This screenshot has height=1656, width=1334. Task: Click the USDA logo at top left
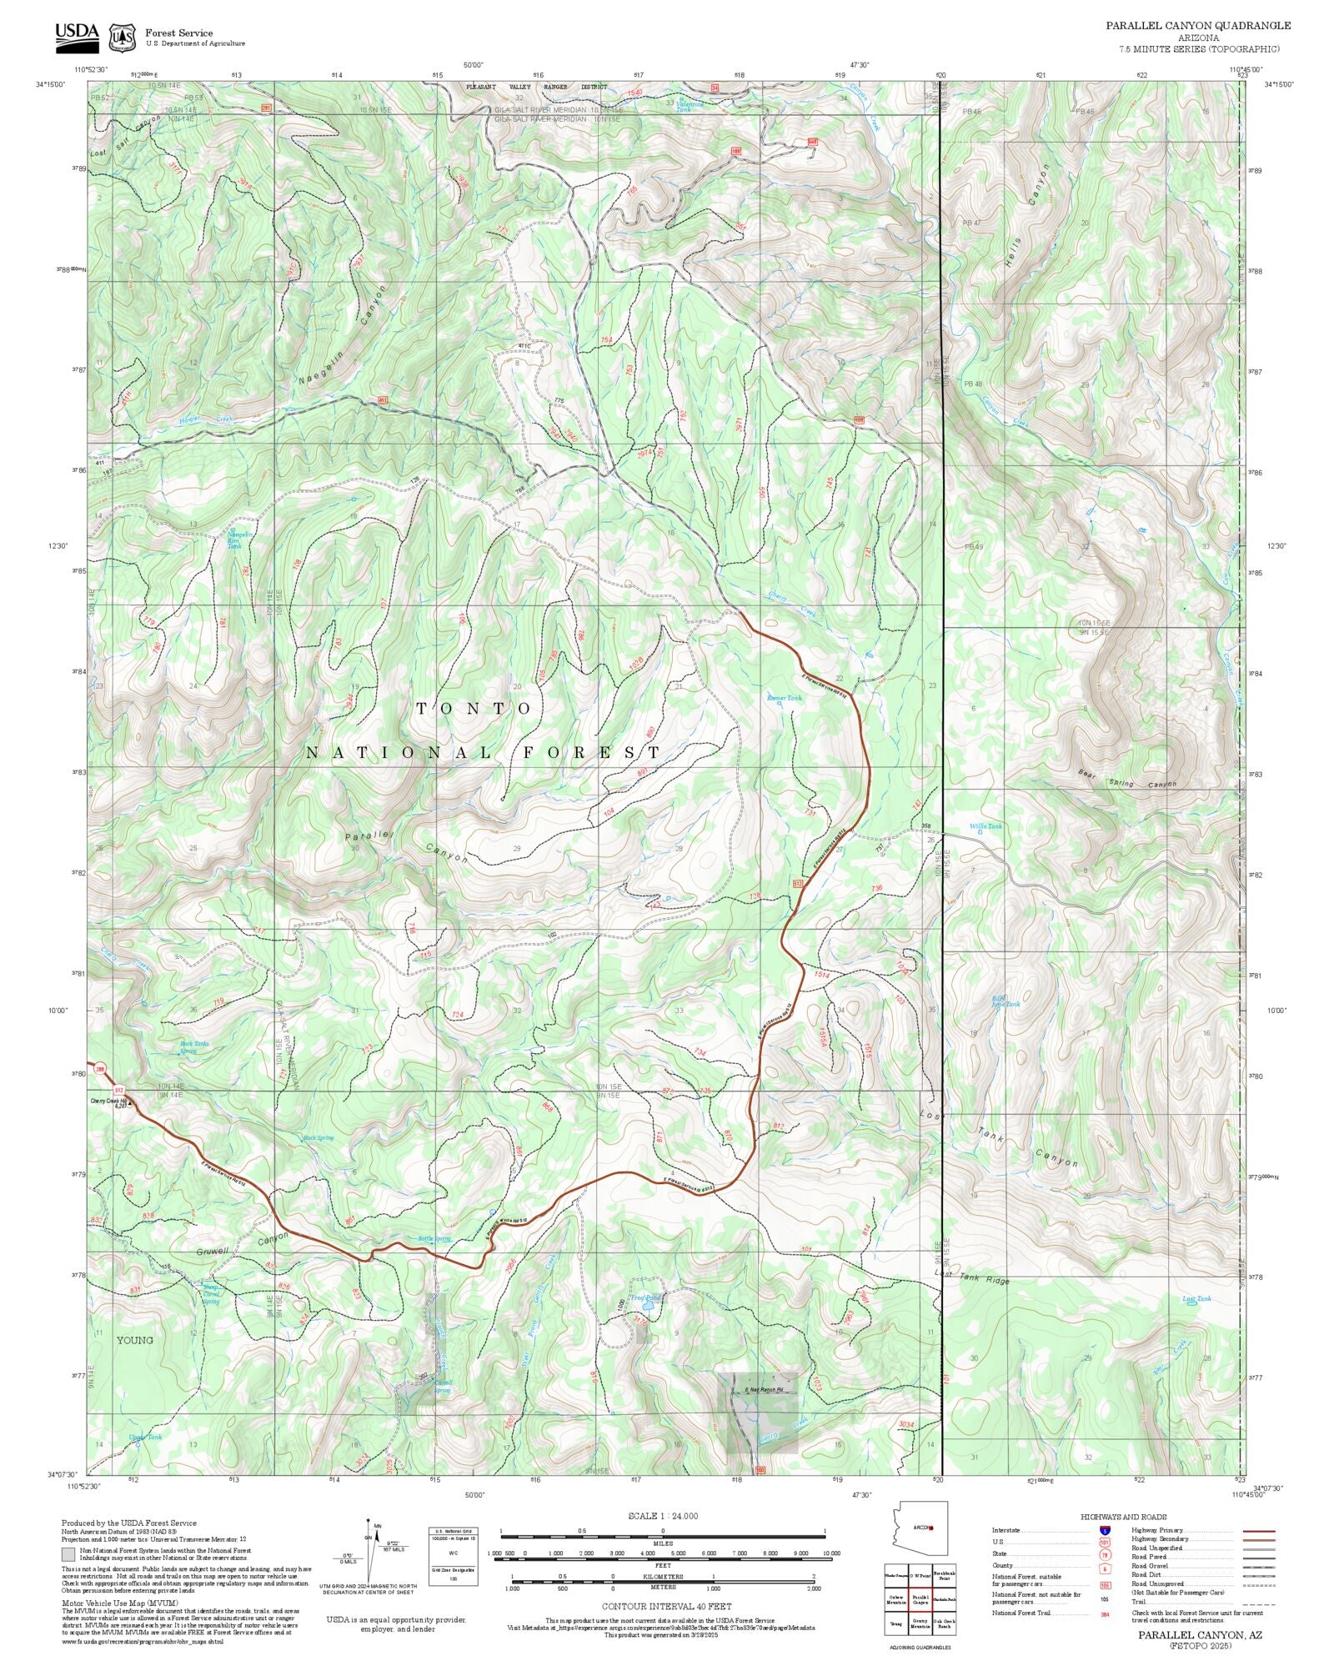[x=77, y=35]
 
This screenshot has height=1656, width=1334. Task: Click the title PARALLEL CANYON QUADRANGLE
[x=1198, y=26]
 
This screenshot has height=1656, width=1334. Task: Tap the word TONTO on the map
[x=474, y=709]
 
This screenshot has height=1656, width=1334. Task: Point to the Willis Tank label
[x=985, y=826]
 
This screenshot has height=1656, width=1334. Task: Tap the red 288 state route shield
[x=101, y=1069]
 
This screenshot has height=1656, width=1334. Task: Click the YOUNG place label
[x=134, y=1341]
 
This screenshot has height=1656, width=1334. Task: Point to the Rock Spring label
[x=318, y=1138]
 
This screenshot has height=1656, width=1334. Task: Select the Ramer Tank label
[x=784, y=698]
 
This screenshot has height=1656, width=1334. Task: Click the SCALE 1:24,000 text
[x=663, y=1516]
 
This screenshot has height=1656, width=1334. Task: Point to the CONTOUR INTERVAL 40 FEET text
[x=666, y=1605]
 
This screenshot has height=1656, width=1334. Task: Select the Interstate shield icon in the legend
[x=1105, y=1531]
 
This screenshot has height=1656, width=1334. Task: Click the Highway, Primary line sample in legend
[x=1258, y=1531]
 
